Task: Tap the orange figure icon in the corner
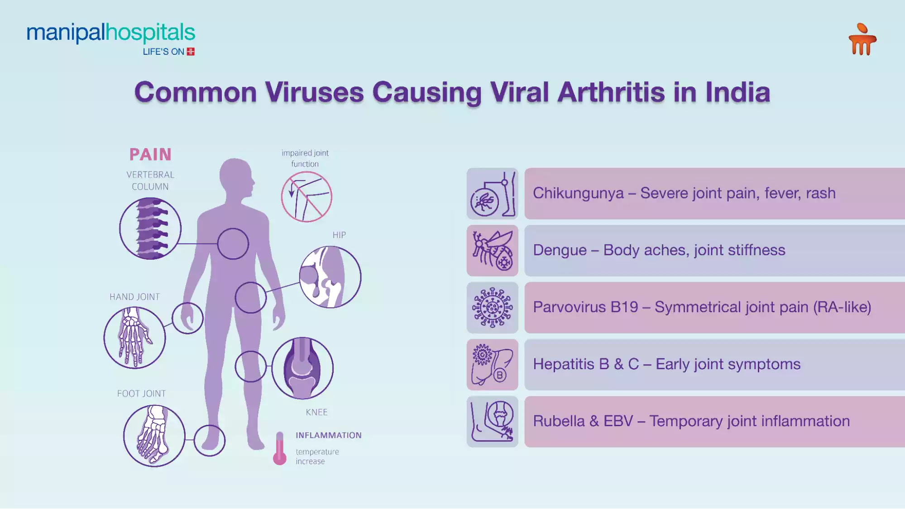pos(862,40)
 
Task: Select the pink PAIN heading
pos(150,155)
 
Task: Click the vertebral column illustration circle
pos(150,228)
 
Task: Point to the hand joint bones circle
pos(134,338)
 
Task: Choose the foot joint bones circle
pos(154,436)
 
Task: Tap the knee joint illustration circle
pos(302,368)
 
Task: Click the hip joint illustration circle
pos(330,277)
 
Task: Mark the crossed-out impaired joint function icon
pos(306,197)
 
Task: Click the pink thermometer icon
pos(280,449)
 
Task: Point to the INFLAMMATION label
pos(329,435)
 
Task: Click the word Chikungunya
pos(578,193)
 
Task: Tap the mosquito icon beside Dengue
pos(492,251)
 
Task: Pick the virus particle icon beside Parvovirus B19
pos(492,308)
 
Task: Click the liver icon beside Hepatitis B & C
pos(492,365)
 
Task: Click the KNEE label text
pos(316,412)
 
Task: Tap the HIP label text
pos(339,235)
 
